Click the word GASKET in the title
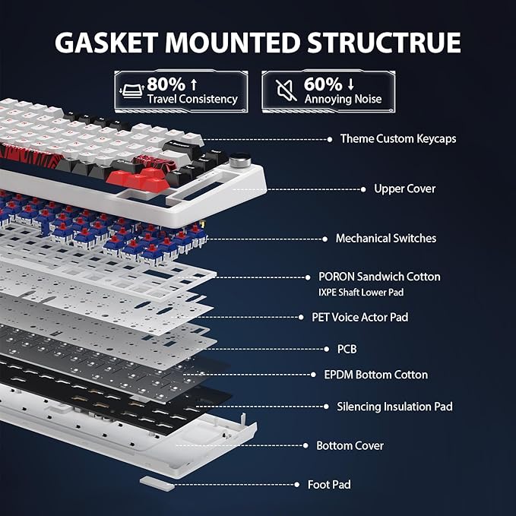coord(106,43)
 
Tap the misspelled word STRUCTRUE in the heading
coord(384,43)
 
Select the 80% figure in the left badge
coord(166,84)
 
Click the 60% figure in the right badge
coord(323,84)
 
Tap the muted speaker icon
coord(285,90)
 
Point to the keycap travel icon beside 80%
coord(131,90)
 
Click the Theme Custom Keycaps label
coord(398,139)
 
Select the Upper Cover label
coord(405,189)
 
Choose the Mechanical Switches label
coord(386,239)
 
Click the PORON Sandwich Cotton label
coord(379,277)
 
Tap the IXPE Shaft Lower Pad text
coord(361,293)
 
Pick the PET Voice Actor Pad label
coord(360,317)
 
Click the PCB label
coord(347,349)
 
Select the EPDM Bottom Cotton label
coord(376,375)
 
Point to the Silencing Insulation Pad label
coord(394,407)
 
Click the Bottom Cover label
coord(350,445)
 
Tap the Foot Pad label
coord(329,484)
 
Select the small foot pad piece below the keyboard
coord(157,483)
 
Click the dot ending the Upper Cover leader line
coord(363,189)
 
